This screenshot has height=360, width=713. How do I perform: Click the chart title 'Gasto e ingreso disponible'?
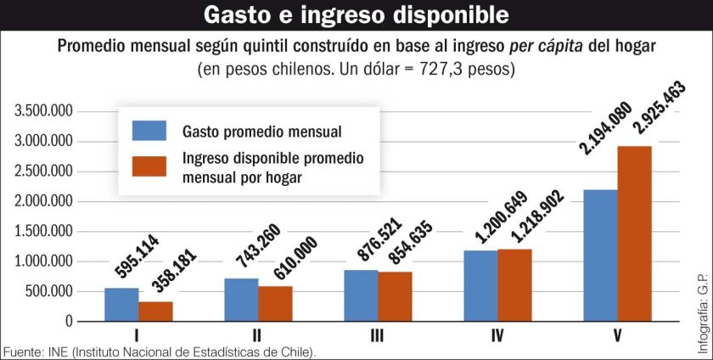356,15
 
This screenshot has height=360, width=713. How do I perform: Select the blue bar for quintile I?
121,305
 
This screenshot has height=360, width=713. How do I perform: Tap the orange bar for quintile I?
155,312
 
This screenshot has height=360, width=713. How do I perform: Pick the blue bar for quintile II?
241,300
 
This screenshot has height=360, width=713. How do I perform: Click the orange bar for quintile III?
395,296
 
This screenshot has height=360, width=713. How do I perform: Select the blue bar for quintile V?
600,256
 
